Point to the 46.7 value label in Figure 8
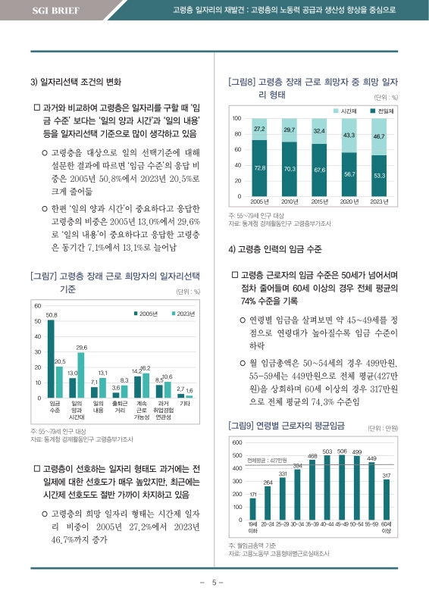[x=380, y=136]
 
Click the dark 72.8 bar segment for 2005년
[x=259, y=168]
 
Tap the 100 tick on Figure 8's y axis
[x=236, y=119]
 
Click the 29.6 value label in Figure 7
[x=81, y=347]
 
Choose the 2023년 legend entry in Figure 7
[x=181, y=314]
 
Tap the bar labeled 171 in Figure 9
[x=252, y=510]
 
